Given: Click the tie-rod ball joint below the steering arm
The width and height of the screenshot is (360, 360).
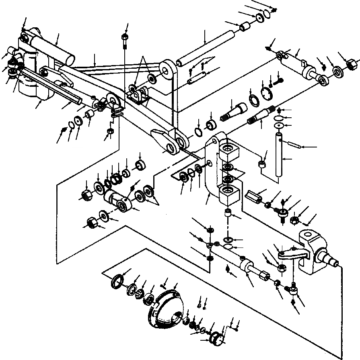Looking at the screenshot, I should [294, 288].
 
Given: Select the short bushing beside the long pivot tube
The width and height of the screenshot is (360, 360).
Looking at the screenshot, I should [245, 27].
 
